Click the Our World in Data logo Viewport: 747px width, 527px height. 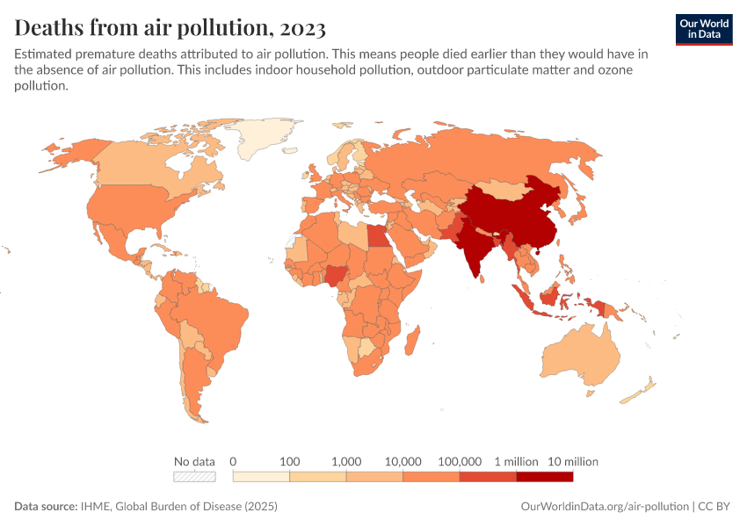(704, 28)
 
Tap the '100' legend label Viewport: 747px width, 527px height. (289, 461)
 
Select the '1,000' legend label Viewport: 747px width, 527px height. (346, 461)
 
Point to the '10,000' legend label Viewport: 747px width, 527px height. (403, 461)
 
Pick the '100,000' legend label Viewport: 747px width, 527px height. (460, 461)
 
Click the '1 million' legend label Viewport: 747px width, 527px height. (516, 461)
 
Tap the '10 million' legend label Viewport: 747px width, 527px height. (573, 461)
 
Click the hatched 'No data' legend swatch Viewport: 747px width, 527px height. (194, 477)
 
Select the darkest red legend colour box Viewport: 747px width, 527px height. (544, 477)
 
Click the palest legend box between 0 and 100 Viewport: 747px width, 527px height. (261, 477)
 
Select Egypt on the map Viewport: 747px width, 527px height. (377, 236)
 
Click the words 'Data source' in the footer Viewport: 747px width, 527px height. (46, 507)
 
